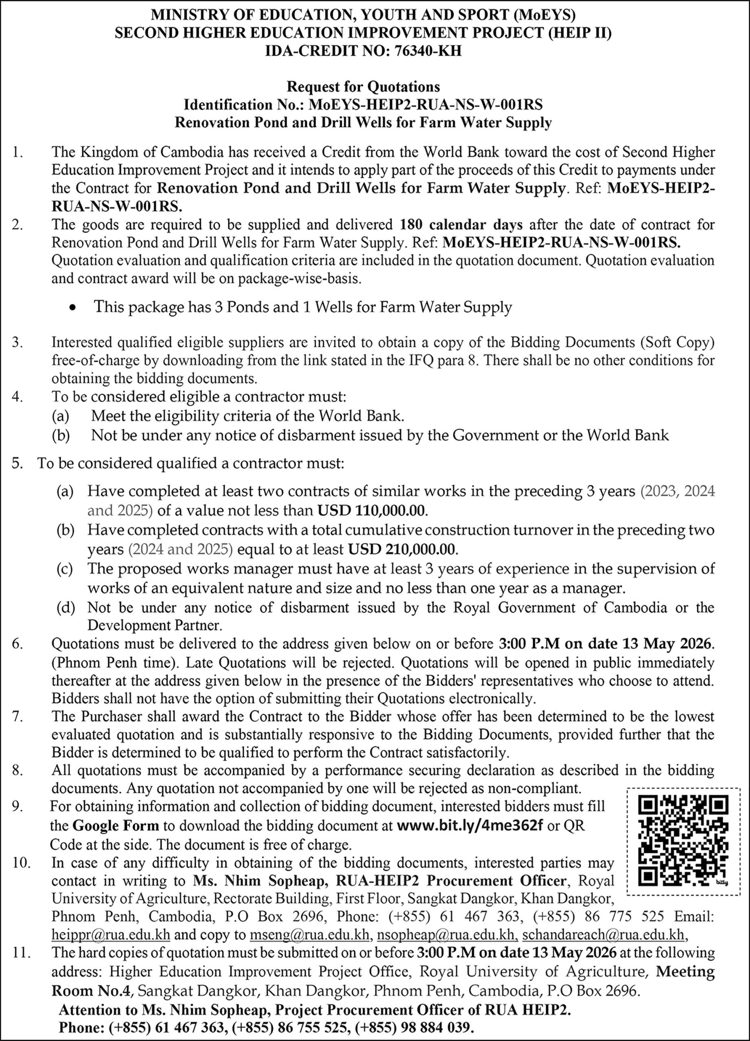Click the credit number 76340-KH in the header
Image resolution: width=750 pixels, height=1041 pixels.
427,50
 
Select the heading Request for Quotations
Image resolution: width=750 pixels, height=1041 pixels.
363,87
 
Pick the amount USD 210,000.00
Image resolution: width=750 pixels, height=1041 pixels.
403,549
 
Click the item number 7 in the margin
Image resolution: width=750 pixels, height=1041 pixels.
17,717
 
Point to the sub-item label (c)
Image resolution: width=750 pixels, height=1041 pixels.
65,569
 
